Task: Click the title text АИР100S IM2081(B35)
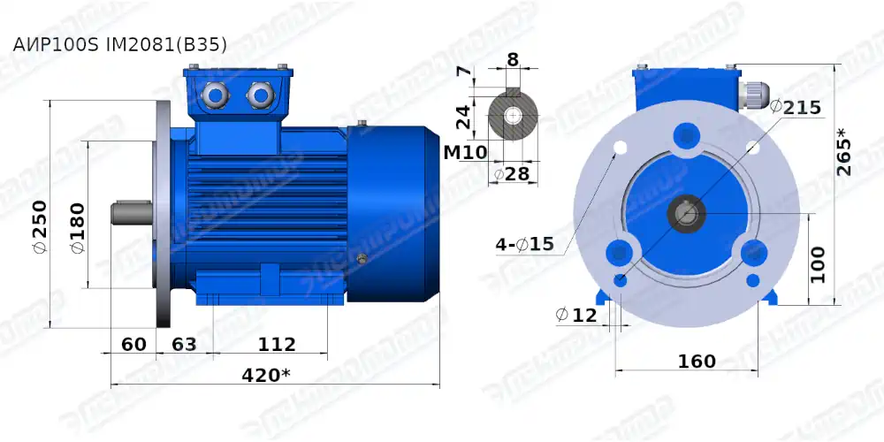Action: pos(120,44)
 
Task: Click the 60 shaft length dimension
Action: pos(133,344)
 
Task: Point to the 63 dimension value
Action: pos(184,344)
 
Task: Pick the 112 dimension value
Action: pos(277,344)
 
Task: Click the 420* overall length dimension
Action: pos(266,375)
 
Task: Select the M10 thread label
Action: pos(465,152)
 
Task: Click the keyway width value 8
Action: pos(513,60)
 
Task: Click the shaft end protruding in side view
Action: pos(130,214)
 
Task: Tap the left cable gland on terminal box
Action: pos(214,94)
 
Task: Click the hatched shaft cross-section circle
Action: pos(513,116)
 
